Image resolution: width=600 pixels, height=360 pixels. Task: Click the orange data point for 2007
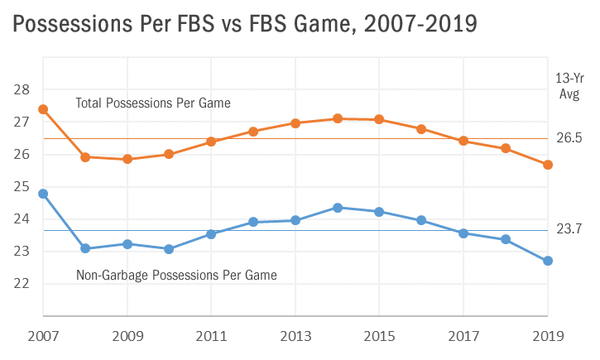(43, 109)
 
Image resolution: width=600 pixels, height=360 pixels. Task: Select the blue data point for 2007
(43, 194)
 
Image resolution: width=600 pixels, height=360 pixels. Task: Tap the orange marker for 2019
(547, 165)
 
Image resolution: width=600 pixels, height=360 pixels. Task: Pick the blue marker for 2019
(547, 261)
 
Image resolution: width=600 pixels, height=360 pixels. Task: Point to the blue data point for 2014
(337, 207)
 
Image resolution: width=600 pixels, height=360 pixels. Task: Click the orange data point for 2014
(337, 118)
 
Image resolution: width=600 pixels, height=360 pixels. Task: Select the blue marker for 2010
(169, 249)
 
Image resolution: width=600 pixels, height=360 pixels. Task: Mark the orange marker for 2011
(211, 142)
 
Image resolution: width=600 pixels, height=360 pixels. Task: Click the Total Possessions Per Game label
(152, 103)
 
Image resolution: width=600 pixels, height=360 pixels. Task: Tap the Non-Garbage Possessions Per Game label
(175, 274)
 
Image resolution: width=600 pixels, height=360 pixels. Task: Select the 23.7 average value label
(569, 229)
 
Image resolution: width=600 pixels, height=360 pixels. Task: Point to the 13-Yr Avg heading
(570, 85)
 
